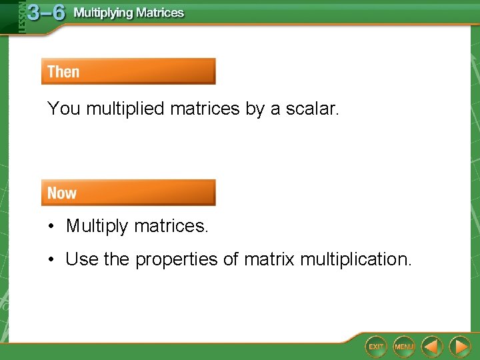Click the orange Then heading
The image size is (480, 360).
(63, 71)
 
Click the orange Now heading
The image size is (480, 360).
(62, 193)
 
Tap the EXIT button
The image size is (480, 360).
(376, 346)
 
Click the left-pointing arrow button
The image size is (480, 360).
(432, 346)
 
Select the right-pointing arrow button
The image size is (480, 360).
(459, 346)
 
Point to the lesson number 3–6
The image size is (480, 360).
(46, 13)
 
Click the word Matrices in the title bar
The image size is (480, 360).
(160, 13)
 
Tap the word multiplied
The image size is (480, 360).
(126, 109)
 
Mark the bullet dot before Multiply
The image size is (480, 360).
(51, 227)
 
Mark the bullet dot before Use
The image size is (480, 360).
(51, 259)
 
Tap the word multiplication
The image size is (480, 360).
(355, 259)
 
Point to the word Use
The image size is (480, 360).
(81, 259)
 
